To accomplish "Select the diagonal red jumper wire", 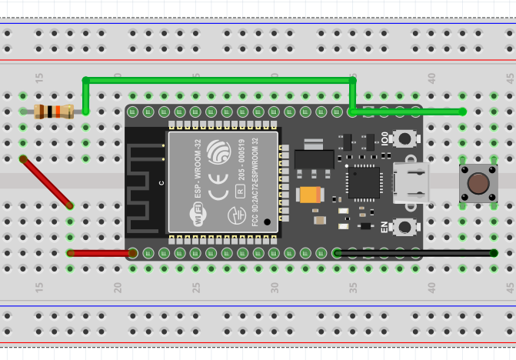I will [x=47, y=182].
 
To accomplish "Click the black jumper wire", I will [x=415, y=252].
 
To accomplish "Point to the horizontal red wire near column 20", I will [x=101, y=252].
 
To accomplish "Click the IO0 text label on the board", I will [x=385, y=139].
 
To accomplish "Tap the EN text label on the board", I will [x=385, y=228].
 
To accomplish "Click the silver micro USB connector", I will [x=411, y=183].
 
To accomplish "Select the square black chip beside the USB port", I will [x=363, y=183].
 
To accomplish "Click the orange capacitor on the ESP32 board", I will [x=311, y=195].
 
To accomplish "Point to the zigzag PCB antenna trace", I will [x=145, y=185].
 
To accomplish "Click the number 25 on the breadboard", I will [x=196, y=287].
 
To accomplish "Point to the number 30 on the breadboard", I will [x=275, y=287].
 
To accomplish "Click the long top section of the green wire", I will [x=219, y=79].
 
